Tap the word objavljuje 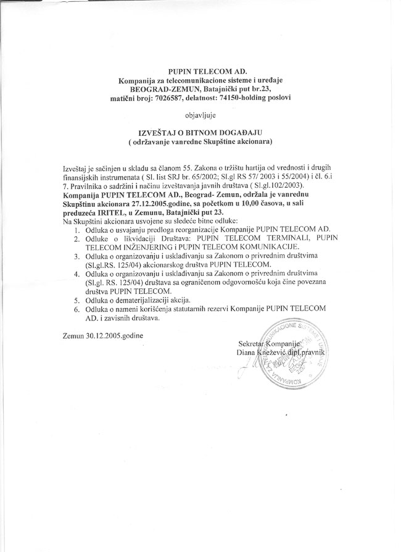point(201,115)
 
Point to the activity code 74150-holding point(244,98)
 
